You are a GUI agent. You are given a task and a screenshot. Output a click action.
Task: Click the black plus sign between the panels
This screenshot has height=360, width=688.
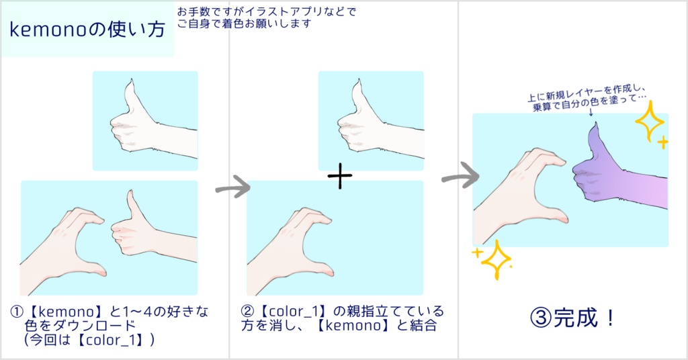[340, 176]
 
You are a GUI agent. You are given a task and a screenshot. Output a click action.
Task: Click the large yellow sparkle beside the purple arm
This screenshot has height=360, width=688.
[649, 124]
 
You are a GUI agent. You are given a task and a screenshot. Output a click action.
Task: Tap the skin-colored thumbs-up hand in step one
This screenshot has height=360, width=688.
[138, 228]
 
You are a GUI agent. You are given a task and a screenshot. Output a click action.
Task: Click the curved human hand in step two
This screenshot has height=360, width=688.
[296, 242]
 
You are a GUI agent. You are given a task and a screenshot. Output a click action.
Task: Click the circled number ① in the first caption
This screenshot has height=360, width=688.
[17, 312]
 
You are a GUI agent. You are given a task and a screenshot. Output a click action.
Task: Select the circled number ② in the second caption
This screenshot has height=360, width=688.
[248, 312]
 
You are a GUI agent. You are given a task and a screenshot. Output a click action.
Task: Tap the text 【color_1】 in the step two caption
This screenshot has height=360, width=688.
[290, 312]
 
